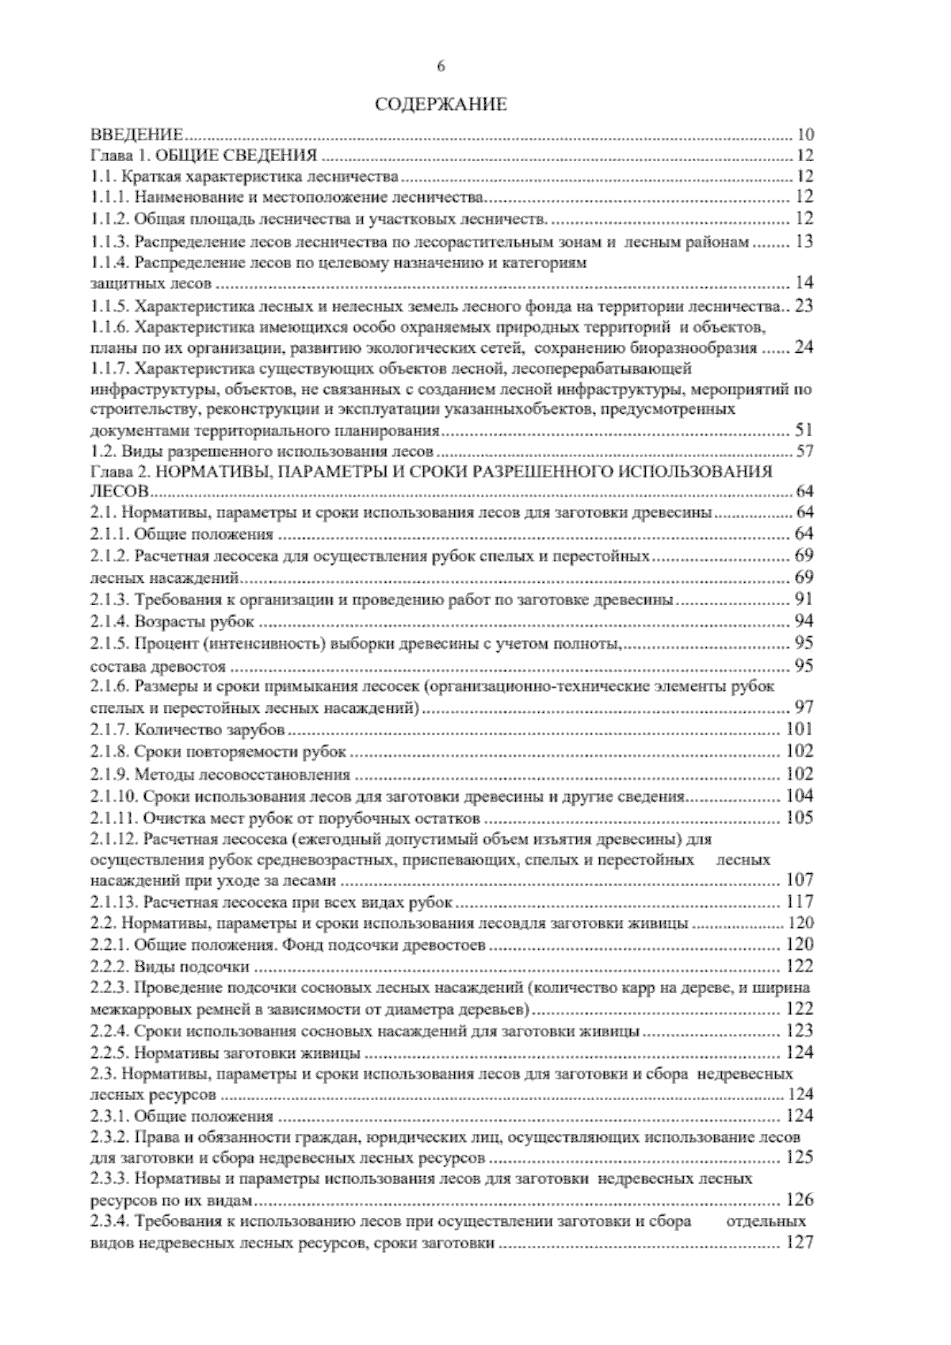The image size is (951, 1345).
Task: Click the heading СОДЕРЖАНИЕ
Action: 440,104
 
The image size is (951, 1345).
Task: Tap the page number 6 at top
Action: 441,67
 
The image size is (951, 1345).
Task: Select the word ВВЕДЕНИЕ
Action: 138,133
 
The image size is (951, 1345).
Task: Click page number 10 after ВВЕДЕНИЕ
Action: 804,133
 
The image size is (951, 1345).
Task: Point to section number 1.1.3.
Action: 110,242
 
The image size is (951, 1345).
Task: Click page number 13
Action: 804,242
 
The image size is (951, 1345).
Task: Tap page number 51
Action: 804,431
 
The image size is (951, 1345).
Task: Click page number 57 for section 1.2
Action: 804,453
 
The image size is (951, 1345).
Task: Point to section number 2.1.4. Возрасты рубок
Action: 110,621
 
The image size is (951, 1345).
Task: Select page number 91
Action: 804,600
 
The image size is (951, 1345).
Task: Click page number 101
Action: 799,729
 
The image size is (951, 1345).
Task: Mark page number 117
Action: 799,902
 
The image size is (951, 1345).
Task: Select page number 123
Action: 799,1031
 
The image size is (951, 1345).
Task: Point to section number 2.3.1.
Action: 110,1117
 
